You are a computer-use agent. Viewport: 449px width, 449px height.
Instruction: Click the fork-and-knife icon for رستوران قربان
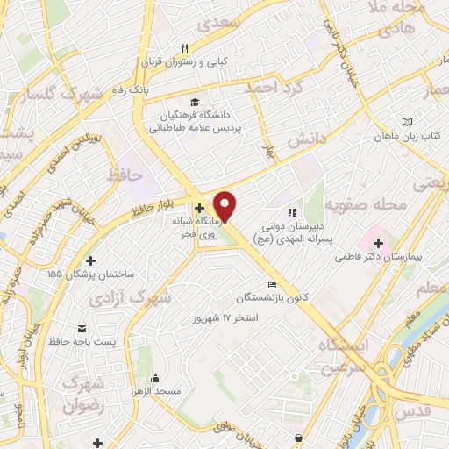184,48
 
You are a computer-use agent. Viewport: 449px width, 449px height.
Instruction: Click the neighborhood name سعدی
217,23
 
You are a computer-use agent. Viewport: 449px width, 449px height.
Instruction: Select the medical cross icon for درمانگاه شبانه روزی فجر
201,209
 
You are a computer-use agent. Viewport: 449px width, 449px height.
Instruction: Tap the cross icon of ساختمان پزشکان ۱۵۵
91,260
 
